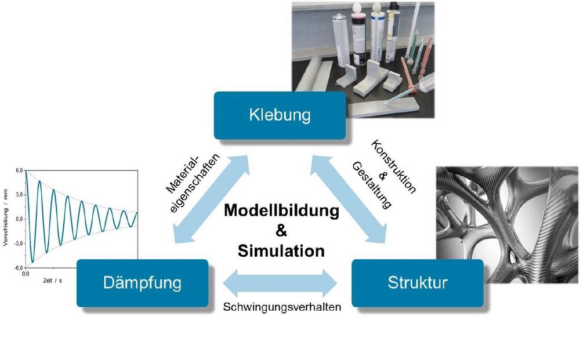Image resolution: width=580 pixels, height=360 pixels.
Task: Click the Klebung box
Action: point(280,114)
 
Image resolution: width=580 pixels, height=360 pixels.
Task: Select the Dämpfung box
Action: point(142,283)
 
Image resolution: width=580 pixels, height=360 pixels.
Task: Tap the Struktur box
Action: point(417,283)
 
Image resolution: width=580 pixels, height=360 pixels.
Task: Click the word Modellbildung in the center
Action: point(281,210)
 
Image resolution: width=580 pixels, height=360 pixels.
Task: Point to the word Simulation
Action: point(281,251)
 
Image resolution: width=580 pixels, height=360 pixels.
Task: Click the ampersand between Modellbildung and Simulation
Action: point(281,231)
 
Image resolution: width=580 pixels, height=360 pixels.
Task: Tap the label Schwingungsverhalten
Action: point(282,307)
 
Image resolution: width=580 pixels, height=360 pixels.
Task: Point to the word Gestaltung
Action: point(372,185)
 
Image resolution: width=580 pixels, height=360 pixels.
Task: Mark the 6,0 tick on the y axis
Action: point(19,171)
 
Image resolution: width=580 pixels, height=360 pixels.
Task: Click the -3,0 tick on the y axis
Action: point(18,243)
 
